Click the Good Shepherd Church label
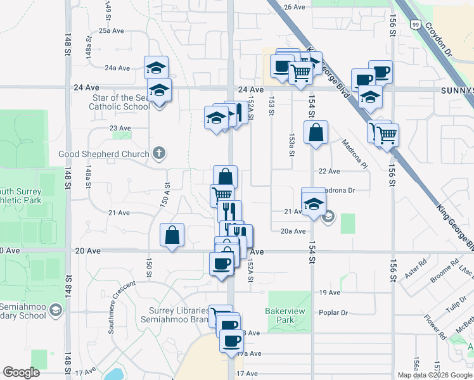pos(104,154)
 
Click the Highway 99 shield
pos(413,24)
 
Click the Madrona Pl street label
pos(355,155)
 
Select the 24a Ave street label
pos(117,68)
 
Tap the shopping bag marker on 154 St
pos(316,133)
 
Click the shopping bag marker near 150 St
pos(172,236)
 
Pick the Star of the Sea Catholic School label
pos(122,103)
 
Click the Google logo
pos(21,372)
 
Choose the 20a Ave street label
pos(293,231)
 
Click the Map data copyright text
pos(435,375)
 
